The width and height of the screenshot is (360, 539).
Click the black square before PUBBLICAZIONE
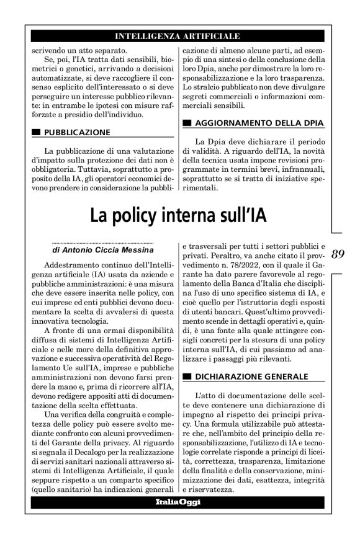click(x=35, y=133)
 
